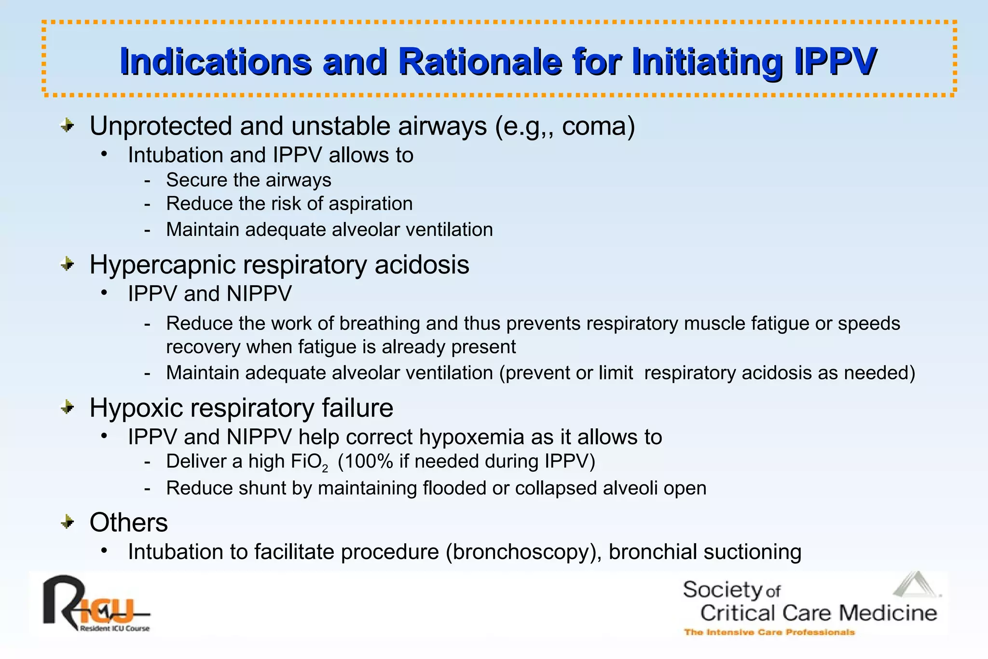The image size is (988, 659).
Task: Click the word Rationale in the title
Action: click(x=480, y=62)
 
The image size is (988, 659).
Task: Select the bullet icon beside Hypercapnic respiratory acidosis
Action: click(x=68, y=264)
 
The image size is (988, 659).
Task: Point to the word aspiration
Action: click(x=370, y=204)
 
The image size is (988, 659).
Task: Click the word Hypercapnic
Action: click(x=161, y=265)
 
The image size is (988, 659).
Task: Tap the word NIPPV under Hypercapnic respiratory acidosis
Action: click(x=259, y=293)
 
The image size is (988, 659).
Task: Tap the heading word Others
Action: click(x=129, y=522)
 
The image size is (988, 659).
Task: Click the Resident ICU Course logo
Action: click(x=96, y=604)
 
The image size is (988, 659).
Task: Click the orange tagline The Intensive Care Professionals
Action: click(x=769, y=632)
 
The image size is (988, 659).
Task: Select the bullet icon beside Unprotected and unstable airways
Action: click(x=68, y=126)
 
